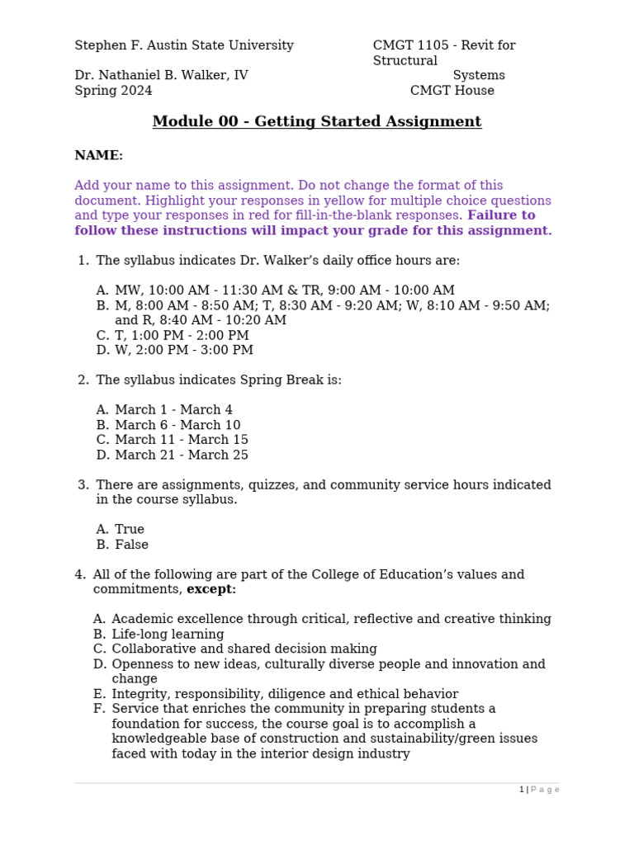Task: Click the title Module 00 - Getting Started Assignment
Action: tap(317, 122)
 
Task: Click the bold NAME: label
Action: tap(98, 156)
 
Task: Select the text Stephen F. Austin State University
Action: tap(184, 46)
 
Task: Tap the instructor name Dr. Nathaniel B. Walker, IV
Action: tap(161, 76)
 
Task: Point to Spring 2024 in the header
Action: tap(113, 91)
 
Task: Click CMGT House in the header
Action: tap(452, 91)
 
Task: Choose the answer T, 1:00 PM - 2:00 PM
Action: tap(182, 336)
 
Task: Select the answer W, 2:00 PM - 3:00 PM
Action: tap(184, 351)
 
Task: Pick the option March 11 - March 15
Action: tap(182, 441)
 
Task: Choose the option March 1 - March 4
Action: tap(173, 410)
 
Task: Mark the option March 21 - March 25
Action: tap(182, 456)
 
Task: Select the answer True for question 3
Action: tap(130, 530)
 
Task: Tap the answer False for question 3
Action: tap(131, 545)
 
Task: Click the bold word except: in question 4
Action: tap(211, 590)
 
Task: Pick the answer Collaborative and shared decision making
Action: tap(244, 649)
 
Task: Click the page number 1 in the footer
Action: tap(522, 790)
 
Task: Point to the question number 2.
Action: tap(83, 380)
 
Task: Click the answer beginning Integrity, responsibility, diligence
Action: tap(285, 695)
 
